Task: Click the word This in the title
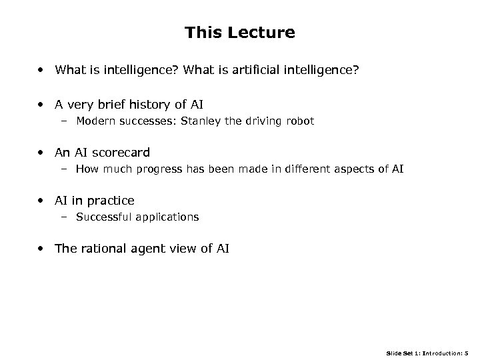pyautogui.click(x=203, y=33)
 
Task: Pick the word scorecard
pyautogui.click(x=127, y=153)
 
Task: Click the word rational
pyautogui.click(x=100, y=249)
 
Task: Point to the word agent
pyautogui.click(x=147, y=249)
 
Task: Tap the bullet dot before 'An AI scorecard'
pyautogui.click(x=42, y=153)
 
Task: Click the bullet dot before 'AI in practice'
pyautogui.click(x=42, y=200)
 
